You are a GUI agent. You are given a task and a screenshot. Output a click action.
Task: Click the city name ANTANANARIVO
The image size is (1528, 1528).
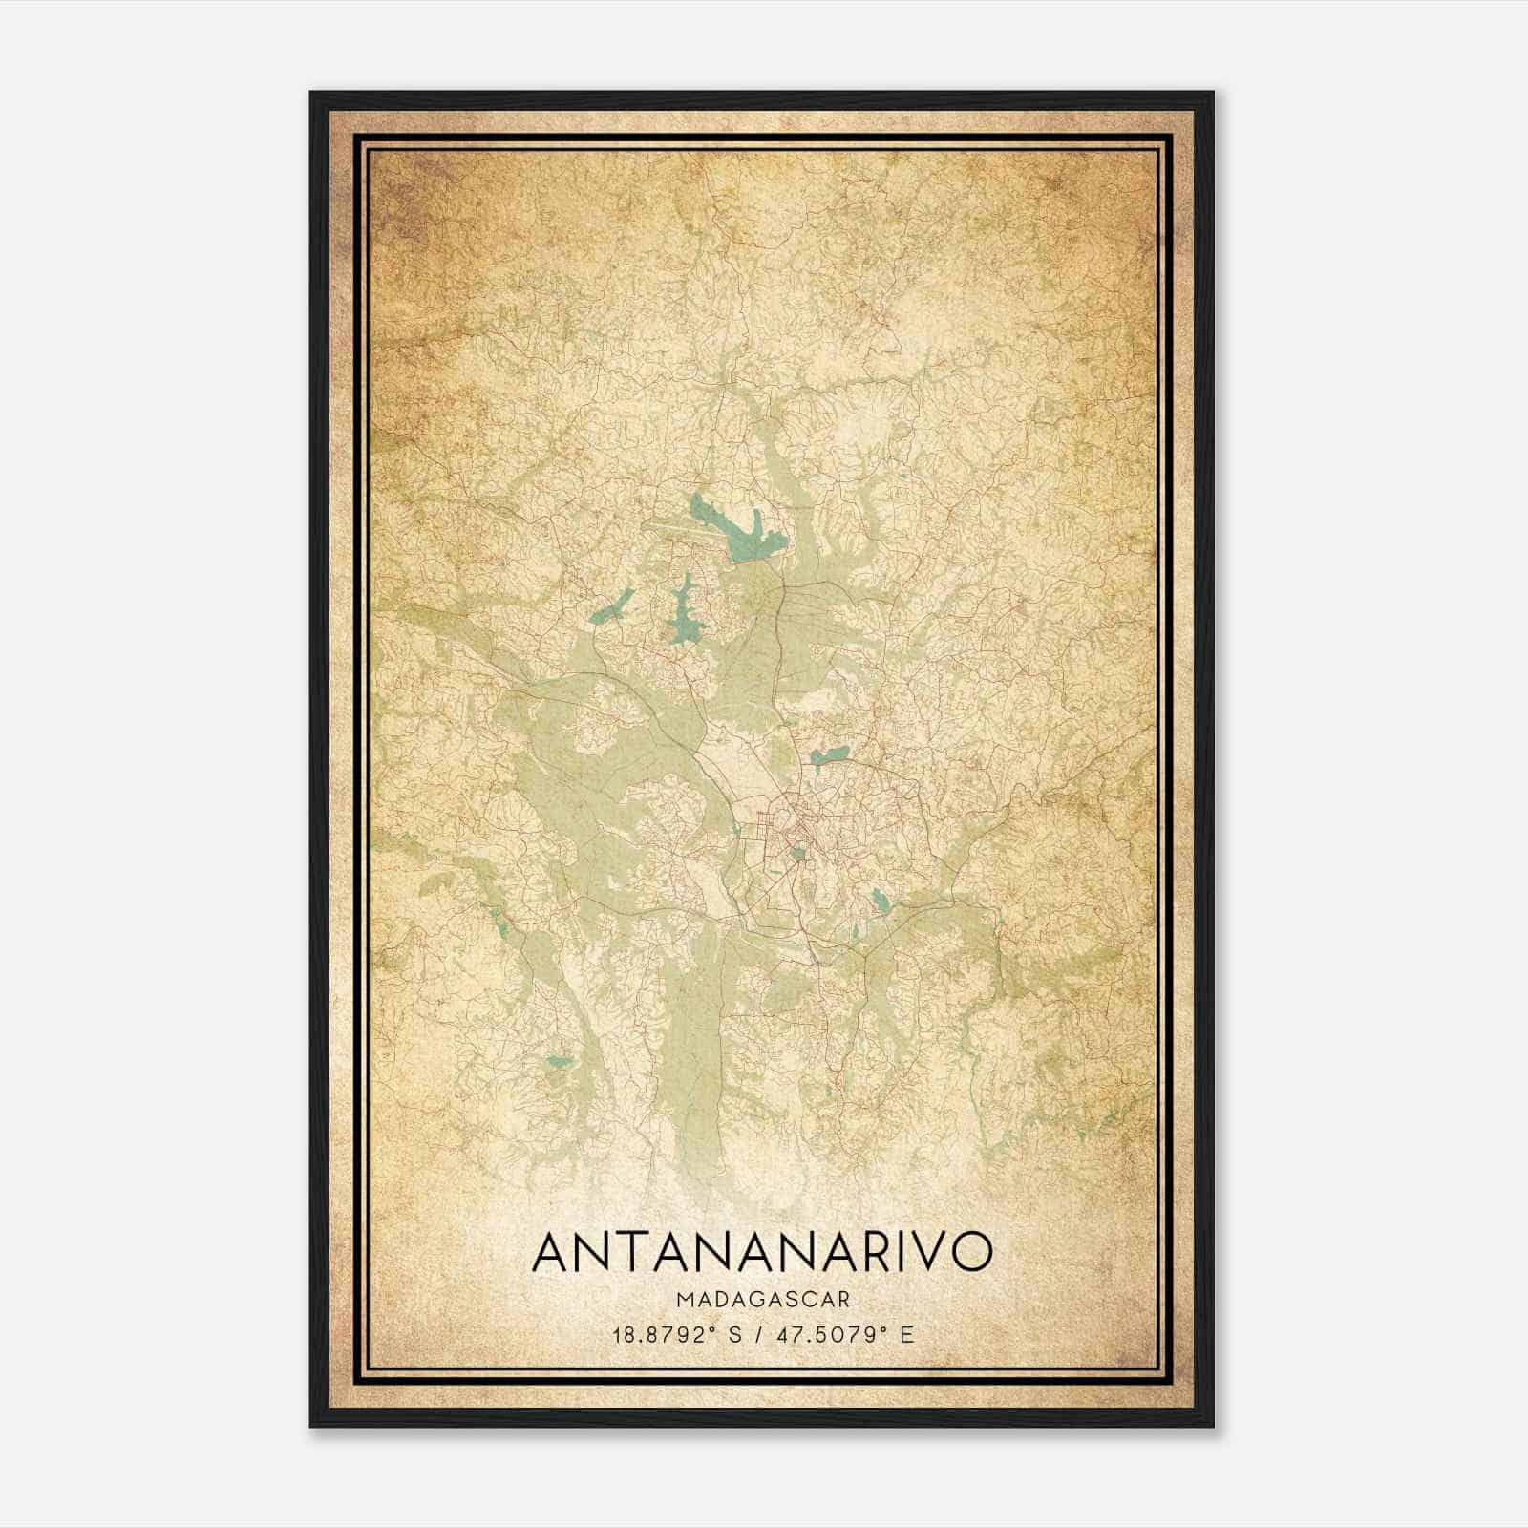(x=761, y=1251)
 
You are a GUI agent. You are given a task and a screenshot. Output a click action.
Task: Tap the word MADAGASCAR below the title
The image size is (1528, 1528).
(x=762, y=1299)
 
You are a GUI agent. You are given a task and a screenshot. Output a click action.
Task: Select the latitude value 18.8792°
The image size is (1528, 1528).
(x=665, y=1334)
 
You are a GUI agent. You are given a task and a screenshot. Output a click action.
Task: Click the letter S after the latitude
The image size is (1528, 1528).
(x=734, y=1334)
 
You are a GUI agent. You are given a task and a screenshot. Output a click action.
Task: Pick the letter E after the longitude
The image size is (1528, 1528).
(x=907, y=1334)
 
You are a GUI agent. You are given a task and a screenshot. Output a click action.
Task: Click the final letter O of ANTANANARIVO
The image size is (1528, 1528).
(x=967, y=1251)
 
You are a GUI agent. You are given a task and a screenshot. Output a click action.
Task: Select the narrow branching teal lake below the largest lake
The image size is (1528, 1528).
(x=683, y=611)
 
